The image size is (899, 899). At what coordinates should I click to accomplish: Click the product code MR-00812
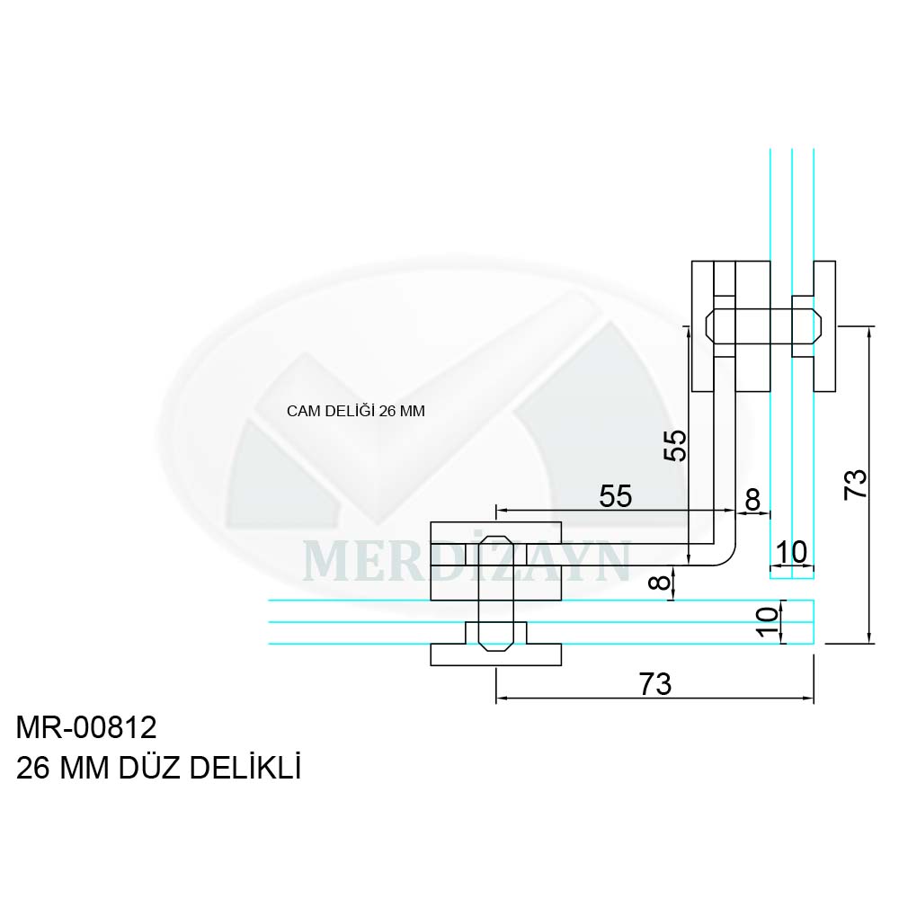click(86, 728)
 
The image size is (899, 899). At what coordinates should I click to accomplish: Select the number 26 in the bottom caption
click(32, 769)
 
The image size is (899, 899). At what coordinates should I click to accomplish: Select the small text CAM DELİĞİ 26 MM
click(355, 411)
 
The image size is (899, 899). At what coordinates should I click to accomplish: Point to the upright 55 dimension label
click(615, 496)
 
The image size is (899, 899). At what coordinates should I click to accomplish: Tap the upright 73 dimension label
click(654, 683)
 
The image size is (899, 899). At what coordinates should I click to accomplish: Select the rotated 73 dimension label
click(855, 485)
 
